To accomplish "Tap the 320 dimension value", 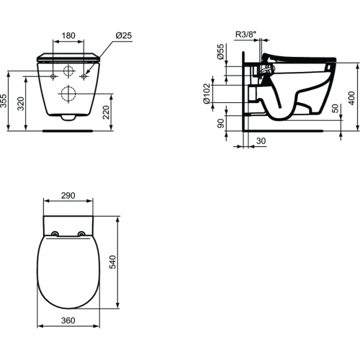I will [x=22, y=105].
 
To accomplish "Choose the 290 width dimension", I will [x=69, y=195].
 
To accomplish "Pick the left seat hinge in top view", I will [x=55, y=233].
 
